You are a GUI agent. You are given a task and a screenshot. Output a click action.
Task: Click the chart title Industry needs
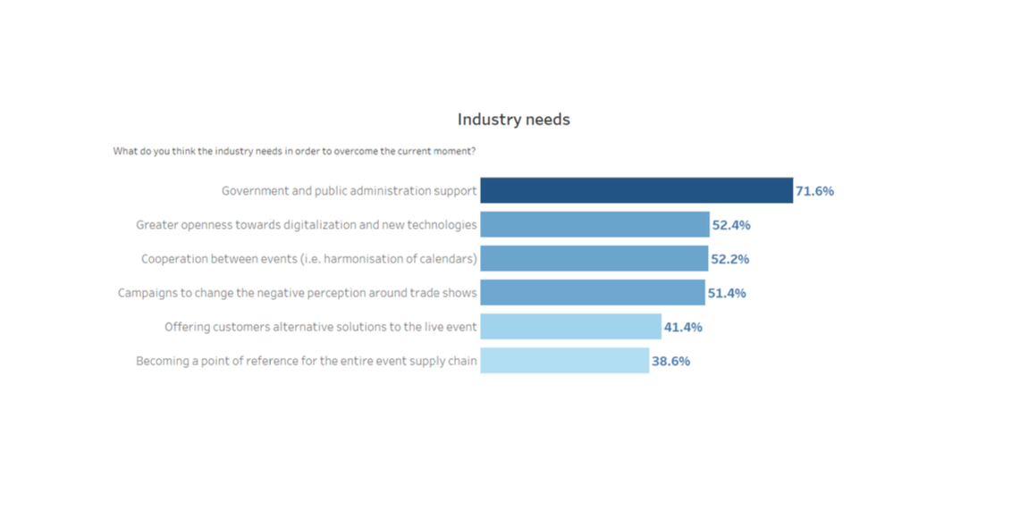click(513, 120)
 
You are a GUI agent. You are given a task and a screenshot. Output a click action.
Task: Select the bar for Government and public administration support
click(636, 190)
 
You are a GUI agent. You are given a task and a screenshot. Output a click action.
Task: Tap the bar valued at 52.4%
click(594, 225)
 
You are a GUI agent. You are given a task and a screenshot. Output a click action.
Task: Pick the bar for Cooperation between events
click(594, 259)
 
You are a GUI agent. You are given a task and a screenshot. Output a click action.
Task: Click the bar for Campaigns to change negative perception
click(593, 293)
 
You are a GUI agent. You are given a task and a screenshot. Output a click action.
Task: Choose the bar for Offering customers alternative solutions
click(571, 327)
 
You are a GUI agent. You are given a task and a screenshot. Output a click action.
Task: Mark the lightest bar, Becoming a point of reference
click(564, 361)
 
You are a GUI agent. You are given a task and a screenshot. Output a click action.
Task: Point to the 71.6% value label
click(815, 191)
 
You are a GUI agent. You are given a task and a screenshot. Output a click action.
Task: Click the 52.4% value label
click(731, 225)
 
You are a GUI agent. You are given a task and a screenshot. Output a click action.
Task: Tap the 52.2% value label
click(730, 259)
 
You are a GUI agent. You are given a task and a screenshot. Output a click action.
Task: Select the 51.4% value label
click(727, 294)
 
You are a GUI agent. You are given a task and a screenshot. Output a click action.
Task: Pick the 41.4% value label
click(683, 328)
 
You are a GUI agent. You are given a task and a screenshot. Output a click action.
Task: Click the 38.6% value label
click(670, 362)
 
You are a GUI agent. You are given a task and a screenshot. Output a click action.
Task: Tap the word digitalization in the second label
click(319, 225)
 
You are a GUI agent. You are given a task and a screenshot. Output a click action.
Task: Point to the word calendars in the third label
click(449, 259)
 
